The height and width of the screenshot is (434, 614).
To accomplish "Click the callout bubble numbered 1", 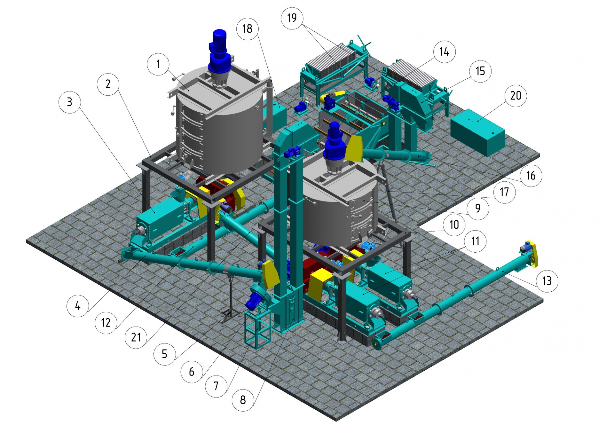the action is tap(158, 64).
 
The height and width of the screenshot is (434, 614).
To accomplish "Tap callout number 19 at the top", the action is tap(292, 18).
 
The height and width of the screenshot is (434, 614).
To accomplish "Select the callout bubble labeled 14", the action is tap(444, 51).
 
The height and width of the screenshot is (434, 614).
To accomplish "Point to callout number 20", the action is tap(516, 95).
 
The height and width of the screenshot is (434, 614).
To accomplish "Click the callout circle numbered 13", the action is tap(547, 281).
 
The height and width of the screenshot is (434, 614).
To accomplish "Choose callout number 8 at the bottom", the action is tap(243, 400).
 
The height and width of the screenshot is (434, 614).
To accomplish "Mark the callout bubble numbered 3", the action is tap(70, 102).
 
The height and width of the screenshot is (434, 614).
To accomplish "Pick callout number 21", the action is tap(136, 337).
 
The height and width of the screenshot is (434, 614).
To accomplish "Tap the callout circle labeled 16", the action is tap(531, 175).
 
